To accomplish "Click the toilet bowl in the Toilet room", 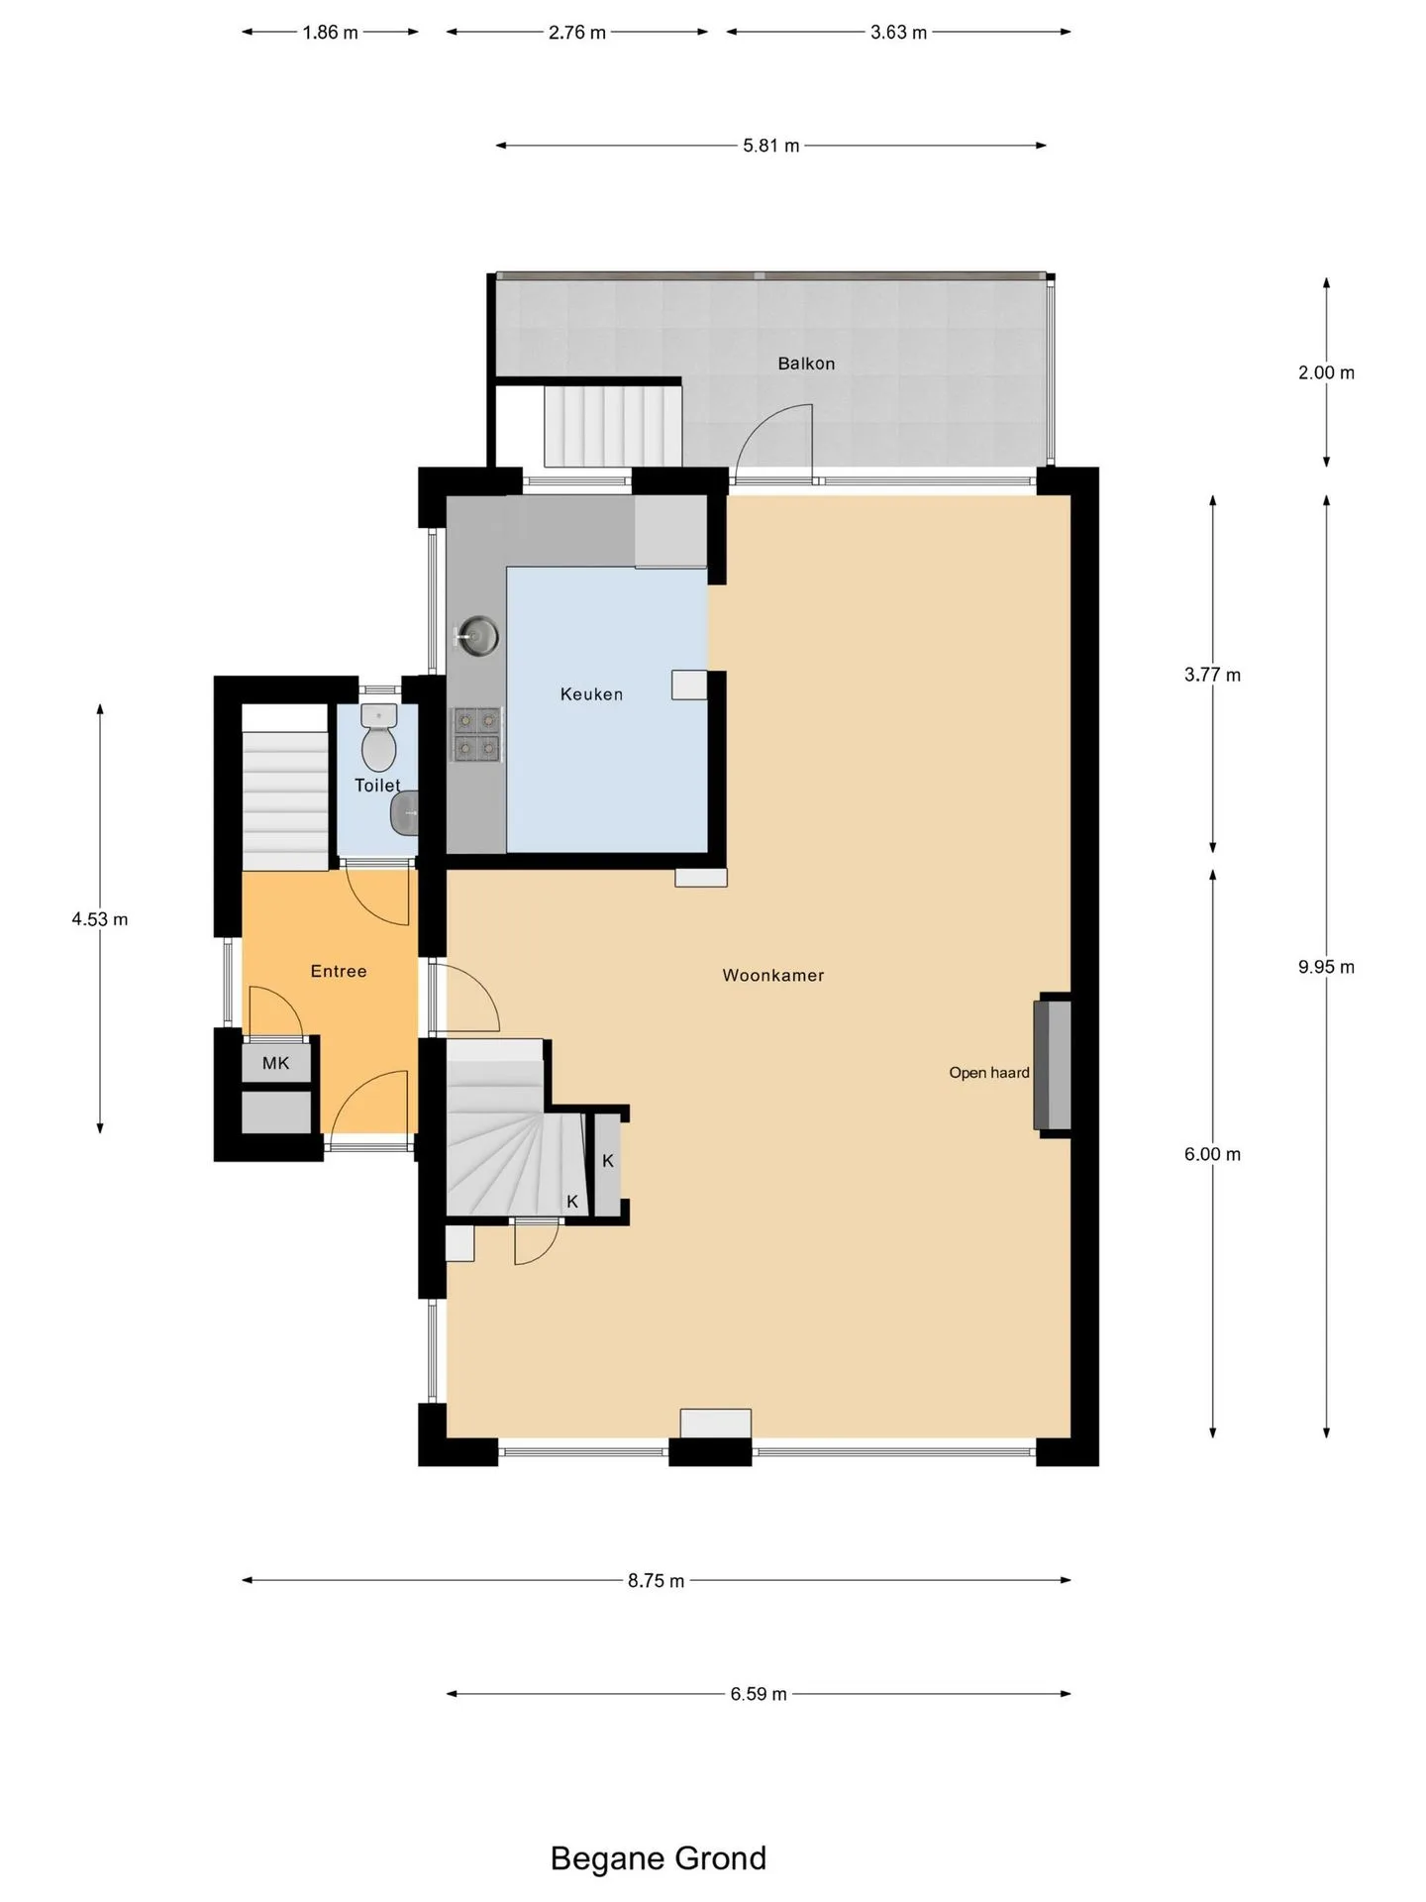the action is pyautogui.click(x=378, y=738).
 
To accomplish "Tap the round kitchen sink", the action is pyautogui.click(x=478, y=635).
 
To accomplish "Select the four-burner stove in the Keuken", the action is pyautogui.click(x=476, y=734).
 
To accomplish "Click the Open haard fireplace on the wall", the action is pyautogui.click(x=1052, y=1065).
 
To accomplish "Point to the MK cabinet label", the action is pyautogui.click(x=276, y=1063).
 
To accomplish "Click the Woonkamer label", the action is pyautogui.click(x=773, y=975).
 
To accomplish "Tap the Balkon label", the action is pyautogui.click(x=806, y=364).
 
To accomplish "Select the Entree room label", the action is pyautogui.click(x=339, y=971).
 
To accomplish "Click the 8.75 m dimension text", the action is pyautogui.click(x=656, y=1580).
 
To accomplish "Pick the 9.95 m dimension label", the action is pyautogui.click(x=1326, y=967).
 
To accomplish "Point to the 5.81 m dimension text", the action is pyautogui.click(x=771, y=146).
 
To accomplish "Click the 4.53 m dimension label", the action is pyautogui.click(x=100, y=919).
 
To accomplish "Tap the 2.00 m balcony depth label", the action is pyautogui.click(x=1326, y=372).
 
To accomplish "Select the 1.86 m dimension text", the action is pyautogui.click(x=330, y=32).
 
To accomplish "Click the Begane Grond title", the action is pyautogui.click(x=659, y=1858).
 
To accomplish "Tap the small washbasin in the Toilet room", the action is pyautogui.click(x=404, y=813).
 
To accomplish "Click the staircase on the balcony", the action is pyautogui.click(x=613, y=426).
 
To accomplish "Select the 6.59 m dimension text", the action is pyautogui.click(x=759, y=1694).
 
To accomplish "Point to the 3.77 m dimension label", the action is pyautogui.click(x=1212, y=675).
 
